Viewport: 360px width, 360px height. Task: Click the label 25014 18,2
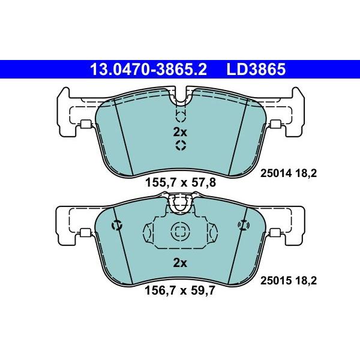[287, 173]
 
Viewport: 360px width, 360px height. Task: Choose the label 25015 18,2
[287, 280]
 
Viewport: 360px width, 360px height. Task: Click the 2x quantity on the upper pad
[180, 131]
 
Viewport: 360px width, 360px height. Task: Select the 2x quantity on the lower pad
[180, 262]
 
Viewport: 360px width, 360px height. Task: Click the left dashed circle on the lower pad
[117, 225]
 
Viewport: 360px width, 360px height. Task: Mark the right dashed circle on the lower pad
[243, 225]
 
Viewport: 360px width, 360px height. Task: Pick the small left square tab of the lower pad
[85, 235]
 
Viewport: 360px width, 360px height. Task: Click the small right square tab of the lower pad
[276, 235]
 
